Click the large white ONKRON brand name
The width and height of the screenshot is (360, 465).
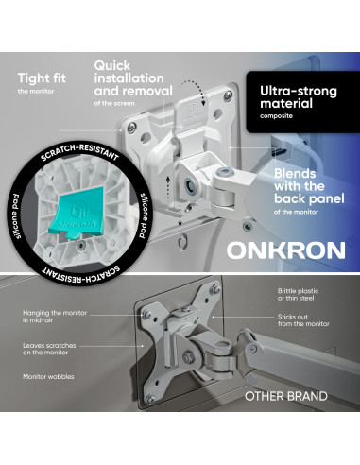[286, 250]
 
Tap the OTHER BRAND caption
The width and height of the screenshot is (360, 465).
[286, 396]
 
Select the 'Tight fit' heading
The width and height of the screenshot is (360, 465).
[42, 78]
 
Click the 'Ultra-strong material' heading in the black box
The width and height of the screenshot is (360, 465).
[299, 97]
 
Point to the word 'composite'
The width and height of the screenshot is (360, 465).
[276, 116]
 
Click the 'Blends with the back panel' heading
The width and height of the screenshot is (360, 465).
[309, 186]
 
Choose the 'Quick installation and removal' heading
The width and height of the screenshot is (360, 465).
[133, 78]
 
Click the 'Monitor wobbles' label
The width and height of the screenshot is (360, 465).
[48, 377]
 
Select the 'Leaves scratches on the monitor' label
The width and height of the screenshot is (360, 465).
[49, 349]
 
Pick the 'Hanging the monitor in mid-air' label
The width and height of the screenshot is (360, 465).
[55, 317]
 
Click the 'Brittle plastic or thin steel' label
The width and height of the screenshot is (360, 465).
[298, 295]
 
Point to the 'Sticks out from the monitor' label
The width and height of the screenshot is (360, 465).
[303, 320]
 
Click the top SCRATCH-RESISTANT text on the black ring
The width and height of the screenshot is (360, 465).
[79, 152]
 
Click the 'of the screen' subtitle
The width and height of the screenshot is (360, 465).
[114, 103]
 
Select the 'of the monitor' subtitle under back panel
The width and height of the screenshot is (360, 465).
[296, 212]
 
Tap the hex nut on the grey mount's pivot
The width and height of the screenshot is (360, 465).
[187, 356]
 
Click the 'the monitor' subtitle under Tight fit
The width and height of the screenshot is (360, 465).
[36, 92]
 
